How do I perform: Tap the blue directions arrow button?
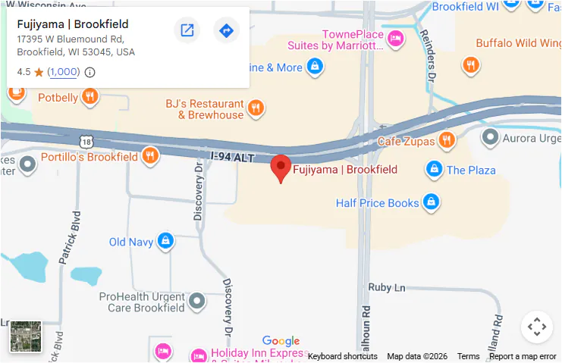pos(226,30)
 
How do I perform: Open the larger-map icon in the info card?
pos(187,30)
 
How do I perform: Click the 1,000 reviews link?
pos(64,72)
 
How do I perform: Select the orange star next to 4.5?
pos(39,73)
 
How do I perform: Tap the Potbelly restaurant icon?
pos(90,95)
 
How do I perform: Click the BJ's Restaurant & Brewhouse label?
pos(205,109)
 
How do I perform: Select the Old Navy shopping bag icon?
pos(165,242)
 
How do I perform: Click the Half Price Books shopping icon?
pos(431,202)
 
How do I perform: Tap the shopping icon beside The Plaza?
pos(434,168)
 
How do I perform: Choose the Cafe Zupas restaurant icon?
pos(447,140)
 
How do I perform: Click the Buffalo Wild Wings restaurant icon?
pos(471,65)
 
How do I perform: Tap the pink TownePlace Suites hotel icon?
pos(394,38)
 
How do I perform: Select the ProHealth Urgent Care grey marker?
pos(197,301)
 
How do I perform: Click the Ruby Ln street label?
pos(387,287)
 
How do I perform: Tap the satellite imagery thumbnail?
pos(26,336)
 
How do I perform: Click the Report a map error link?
pos(523,356)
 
